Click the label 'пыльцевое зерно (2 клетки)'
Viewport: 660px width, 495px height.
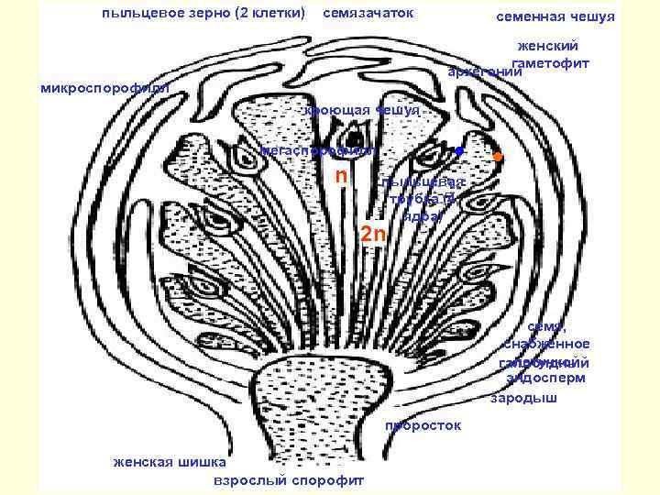click(x=204, y=15)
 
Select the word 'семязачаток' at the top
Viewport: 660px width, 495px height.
click(x=368, y=15)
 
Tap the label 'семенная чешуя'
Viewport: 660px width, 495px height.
click(x=555, y=17)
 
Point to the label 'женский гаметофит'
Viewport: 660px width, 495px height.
click(x=550, y=54)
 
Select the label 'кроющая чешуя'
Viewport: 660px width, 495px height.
click(x=363, y=110)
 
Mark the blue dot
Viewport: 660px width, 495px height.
click(x=459, y=150)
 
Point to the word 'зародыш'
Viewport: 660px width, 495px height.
click(x=522, y=399)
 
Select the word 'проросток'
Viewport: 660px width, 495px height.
click(x=423, y=425)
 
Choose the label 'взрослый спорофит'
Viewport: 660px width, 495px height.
click(x=288, y=479)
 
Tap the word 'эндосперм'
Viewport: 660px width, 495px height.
click(x=546, y=377)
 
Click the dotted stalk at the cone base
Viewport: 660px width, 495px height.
click(x=321, y=403)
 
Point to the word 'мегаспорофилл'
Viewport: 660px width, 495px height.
click(x=316, y=149)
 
